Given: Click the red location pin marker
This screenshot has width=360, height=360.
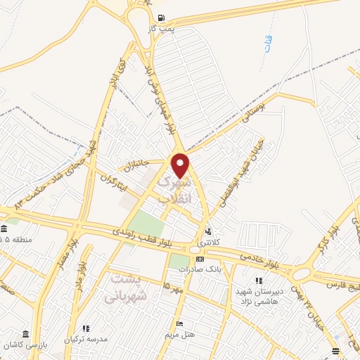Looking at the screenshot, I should (181, 166).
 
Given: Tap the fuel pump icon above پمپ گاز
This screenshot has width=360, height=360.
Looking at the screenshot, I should (162, 18).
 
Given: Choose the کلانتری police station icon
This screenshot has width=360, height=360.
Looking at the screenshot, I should (208, 231).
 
